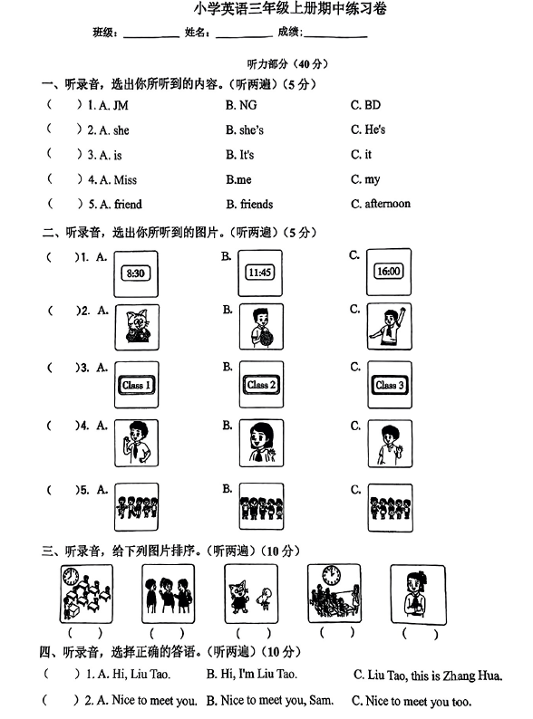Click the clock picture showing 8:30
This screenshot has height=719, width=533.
tap(136, 273)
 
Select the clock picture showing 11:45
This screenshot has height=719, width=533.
tap(261, 273)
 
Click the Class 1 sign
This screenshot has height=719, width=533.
tap(136, 385)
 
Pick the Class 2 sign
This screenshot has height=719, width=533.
tap(261, 385)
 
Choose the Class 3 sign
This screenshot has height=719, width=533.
tap(390, 385)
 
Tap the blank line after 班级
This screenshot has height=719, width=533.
tap(150, 36)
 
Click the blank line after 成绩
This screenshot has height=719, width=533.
tap(335, 36)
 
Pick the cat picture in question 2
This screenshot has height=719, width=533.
tap(136, 327)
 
